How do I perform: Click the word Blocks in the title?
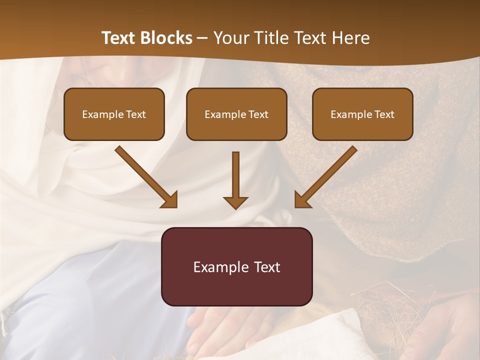(x=166, y=38)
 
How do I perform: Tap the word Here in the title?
(x=350, y=38)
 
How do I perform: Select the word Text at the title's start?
(x=119, y=38)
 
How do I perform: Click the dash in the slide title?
(x=202, y=38)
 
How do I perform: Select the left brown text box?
(x=114, y=114)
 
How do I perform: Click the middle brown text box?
(x=236, y=114)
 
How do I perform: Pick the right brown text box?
(x=362, y=114)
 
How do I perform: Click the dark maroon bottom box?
(x=236, y=266)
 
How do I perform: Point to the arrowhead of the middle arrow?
(x=235, y=202)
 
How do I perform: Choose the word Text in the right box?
(x=384, y=114)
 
